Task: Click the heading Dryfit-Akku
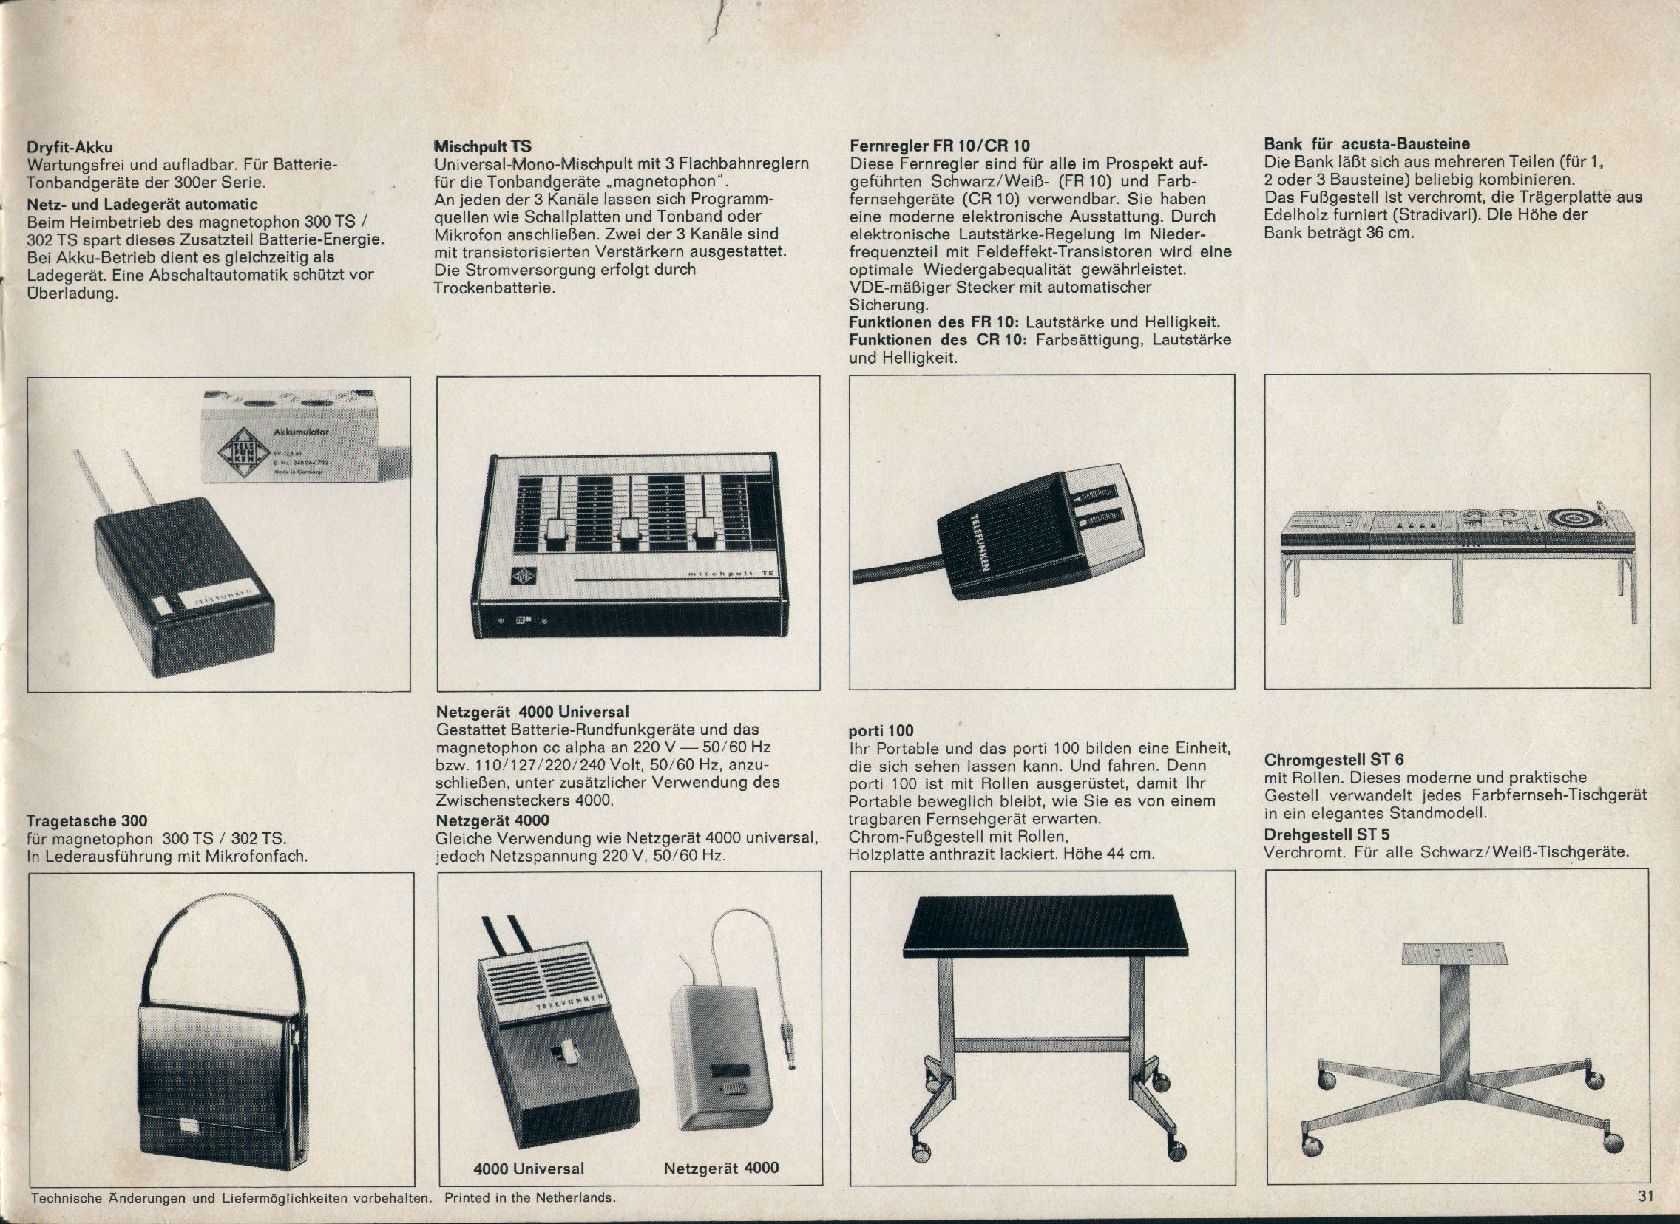point(70,146)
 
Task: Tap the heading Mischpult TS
point(482,146)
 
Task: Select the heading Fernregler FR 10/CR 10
point(940,145)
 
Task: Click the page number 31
point(1646,1195)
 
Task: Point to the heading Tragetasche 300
point(87,820)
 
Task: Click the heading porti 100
point(881,730)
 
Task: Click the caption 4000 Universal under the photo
point(529,1169)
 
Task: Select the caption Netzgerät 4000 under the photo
point(721,1168)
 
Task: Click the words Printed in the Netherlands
point(530,1197)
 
